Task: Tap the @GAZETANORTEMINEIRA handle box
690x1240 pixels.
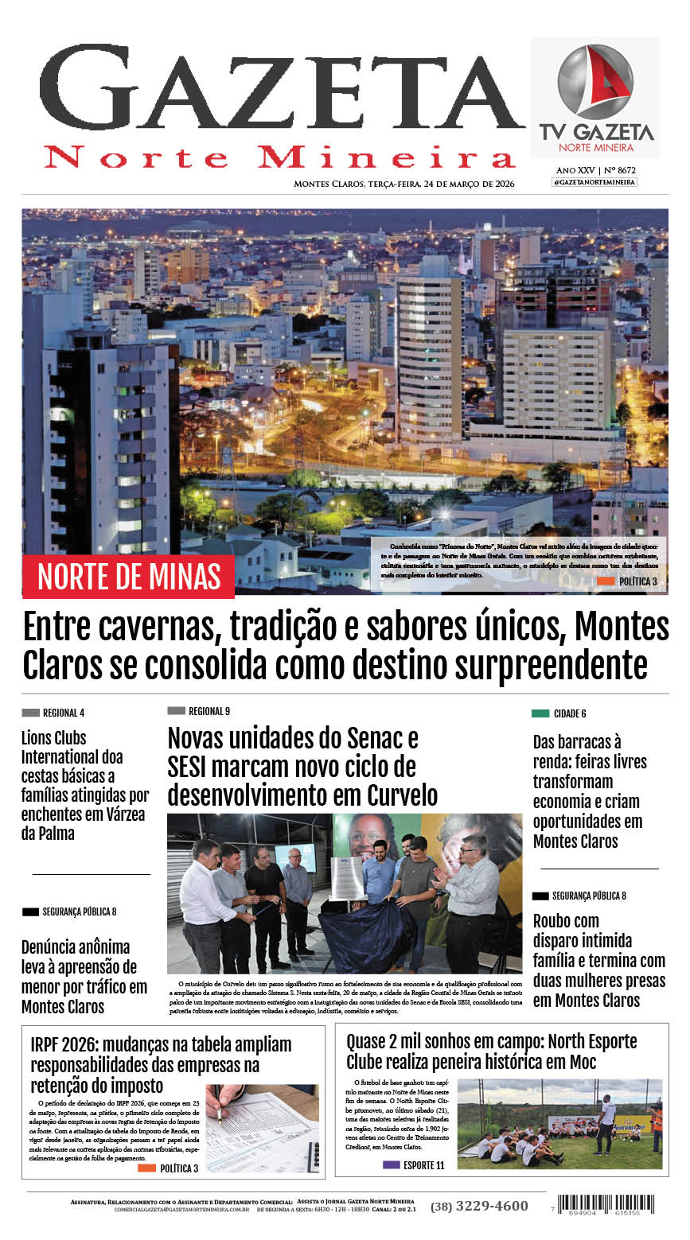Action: pos(594,182)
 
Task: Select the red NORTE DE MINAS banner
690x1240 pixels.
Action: pos(128,576)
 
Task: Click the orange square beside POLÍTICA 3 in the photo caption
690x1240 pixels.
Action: pos(606,581)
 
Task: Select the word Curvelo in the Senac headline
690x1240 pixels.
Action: pos(403,795)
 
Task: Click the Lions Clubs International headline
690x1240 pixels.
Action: pos(84,785)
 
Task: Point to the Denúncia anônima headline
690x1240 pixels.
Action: pos(84,976)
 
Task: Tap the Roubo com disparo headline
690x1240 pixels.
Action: pos(598,960)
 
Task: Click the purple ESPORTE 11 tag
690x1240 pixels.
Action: pos(413,1165)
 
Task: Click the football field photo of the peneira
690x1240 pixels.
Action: pos(559,1124)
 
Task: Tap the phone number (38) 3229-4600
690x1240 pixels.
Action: pos(479,1206)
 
